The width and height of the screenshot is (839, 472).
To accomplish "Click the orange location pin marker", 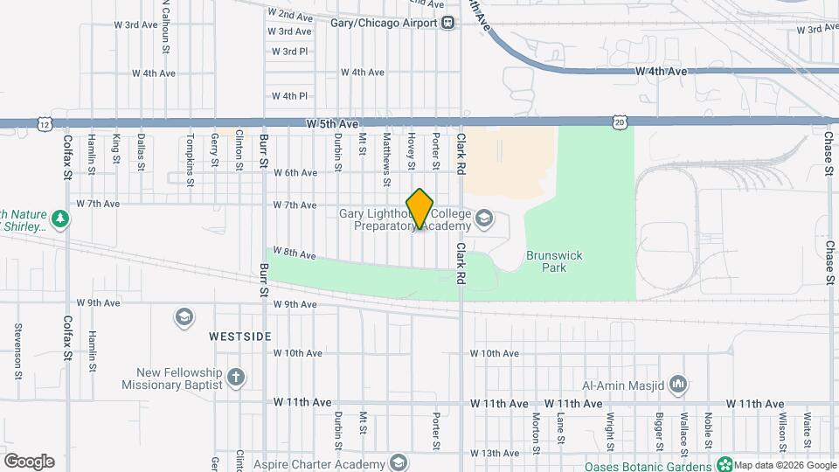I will (x=420, y=209).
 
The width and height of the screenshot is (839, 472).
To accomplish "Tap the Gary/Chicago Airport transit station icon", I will (x=447, y=23).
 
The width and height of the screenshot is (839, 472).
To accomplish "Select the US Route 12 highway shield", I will (x=44, y=124).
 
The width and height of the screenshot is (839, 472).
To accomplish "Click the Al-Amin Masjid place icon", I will (x=679, y=385).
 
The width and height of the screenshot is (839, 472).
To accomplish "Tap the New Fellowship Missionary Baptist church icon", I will (x=235, y=377).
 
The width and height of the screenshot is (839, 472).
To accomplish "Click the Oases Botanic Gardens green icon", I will (x=724, y=463).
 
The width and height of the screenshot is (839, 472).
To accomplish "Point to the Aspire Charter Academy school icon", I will (x=399, y=462).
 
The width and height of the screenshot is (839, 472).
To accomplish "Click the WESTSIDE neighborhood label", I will (x=240, y=337).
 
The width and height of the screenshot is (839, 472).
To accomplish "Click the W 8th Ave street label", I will (x=295, y=253).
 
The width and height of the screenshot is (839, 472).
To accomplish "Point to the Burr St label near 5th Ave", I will (x=262, y=149).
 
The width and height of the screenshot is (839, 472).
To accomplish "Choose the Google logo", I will (x=29, y=462).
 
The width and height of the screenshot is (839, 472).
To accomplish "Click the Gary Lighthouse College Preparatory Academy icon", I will (x=484, y=218).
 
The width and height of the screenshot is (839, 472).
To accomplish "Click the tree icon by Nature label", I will (x=60, y=219).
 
